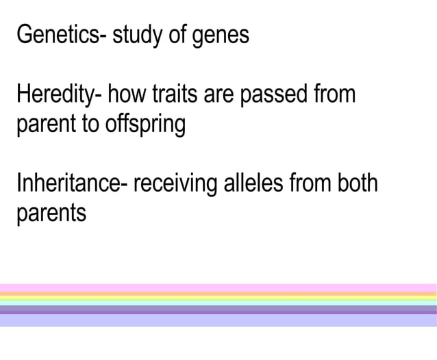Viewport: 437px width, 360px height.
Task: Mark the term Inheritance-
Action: pyautogui.click(x=69, y=185)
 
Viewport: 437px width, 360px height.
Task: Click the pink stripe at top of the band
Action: pyautogui.click(x=218, y=287)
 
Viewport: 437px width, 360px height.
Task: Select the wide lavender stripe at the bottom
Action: pyautogui.click(x=218, y=320)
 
